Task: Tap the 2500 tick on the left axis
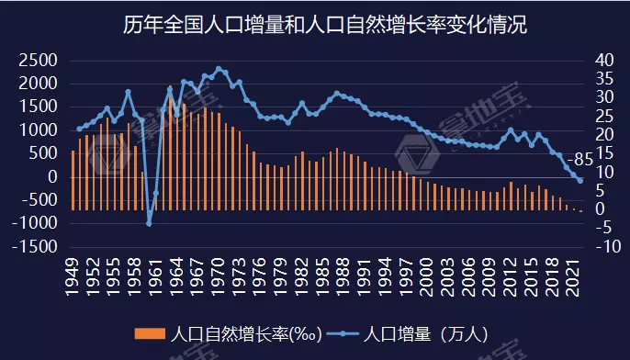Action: click(38, 60)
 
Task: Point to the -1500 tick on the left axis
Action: click(34, 247)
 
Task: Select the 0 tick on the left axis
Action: click(53, 176)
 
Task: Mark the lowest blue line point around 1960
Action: click(149, 223)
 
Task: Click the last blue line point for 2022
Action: click(580, 181)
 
